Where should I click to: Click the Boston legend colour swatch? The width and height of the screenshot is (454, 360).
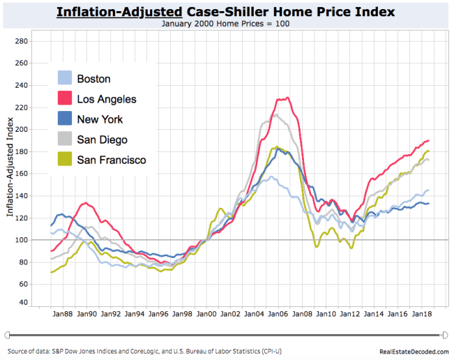(64, 79)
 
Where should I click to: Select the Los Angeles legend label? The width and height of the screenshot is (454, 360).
(107, 99)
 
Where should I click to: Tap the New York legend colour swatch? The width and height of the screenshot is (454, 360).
(64, 119)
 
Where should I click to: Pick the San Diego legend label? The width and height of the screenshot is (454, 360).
(103, 140)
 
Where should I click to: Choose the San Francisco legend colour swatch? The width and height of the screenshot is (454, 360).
(64, 160)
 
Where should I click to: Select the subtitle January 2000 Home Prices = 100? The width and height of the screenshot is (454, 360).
(226, 25)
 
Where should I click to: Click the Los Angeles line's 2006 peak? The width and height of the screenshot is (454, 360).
(287, 98)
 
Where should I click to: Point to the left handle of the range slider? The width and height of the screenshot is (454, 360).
(6, 335)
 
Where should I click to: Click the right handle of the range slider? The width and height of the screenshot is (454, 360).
(447, 335)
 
